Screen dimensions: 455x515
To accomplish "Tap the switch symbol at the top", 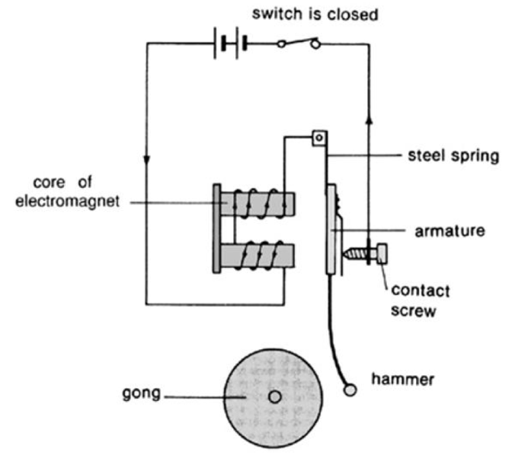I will pos(298,43).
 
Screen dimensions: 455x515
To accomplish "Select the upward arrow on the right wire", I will pos(369,121).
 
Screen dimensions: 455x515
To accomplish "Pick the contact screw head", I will pos(381,253).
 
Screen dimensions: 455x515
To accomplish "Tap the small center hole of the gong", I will pos(274,396).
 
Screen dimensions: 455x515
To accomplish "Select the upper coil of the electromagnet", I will pos(256,203).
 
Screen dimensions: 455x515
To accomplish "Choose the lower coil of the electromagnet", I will pos(256,253).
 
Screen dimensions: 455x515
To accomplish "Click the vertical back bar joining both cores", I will pos(218,228).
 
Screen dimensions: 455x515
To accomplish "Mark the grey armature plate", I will pos(330,228).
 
